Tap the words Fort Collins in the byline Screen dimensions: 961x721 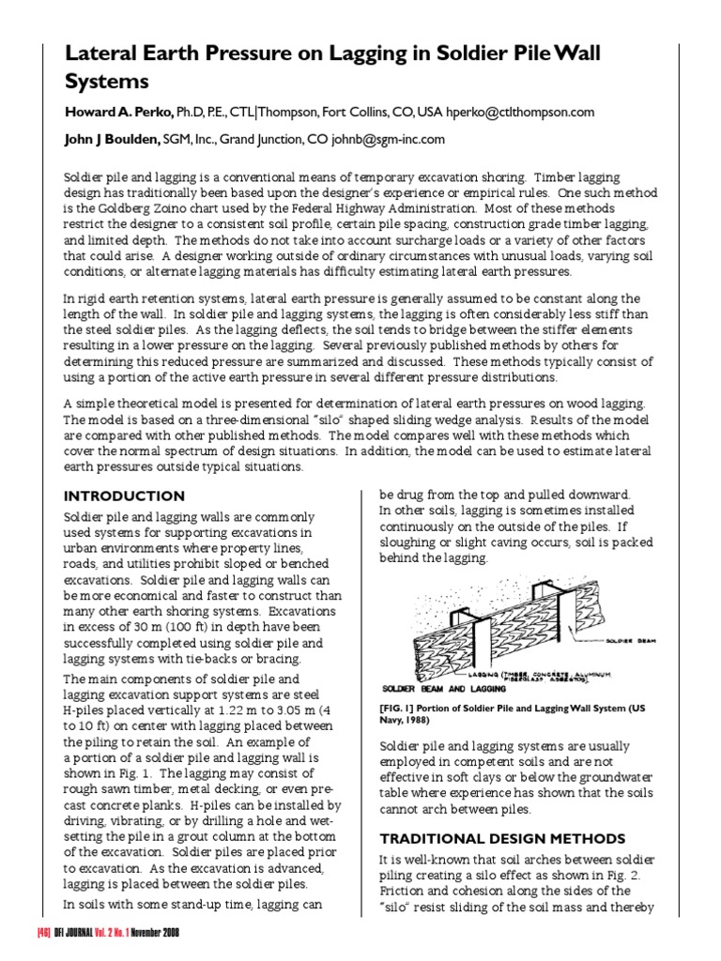(x=359, y=112)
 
